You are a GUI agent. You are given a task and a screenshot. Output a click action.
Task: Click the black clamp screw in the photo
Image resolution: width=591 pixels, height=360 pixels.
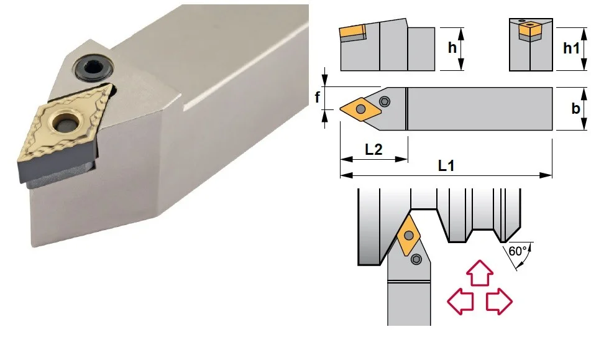pos(93,68)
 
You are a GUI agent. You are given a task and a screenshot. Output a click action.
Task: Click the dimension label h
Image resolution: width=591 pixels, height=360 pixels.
pos(452,48)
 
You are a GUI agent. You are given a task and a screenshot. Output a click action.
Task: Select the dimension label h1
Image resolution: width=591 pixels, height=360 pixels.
pos(571,48)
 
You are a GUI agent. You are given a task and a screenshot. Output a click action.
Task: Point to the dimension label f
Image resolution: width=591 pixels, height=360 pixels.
pos(318,97)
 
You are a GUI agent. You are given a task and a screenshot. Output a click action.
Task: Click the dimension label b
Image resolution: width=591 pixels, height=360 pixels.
pos(575,108)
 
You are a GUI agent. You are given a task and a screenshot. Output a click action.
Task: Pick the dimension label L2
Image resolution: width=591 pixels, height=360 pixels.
pos(373,149)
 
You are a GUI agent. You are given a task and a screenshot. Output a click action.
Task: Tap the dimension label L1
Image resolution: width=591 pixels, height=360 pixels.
pos(446,165)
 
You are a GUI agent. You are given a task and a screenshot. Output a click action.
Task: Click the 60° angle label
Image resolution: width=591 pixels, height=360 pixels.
pos(518,251)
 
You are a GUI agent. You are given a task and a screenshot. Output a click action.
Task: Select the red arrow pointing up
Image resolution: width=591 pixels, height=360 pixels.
pos(480,272)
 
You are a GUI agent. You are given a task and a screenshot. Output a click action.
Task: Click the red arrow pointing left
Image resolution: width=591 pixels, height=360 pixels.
pos(460,302)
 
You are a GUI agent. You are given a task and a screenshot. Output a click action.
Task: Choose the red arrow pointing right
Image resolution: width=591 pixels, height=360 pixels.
pos(499,302)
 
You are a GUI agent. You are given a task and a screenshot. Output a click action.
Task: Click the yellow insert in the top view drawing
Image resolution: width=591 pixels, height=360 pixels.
pos(360,109)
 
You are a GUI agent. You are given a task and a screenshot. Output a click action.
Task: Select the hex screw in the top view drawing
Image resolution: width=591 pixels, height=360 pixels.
pos(385,101)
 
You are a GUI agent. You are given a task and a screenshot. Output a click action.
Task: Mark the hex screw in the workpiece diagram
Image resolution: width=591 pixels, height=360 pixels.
pos(416,259)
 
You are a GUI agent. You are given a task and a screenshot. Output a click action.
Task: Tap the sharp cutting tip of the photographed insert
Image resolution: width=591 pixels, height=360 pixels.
pos(19,162)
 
